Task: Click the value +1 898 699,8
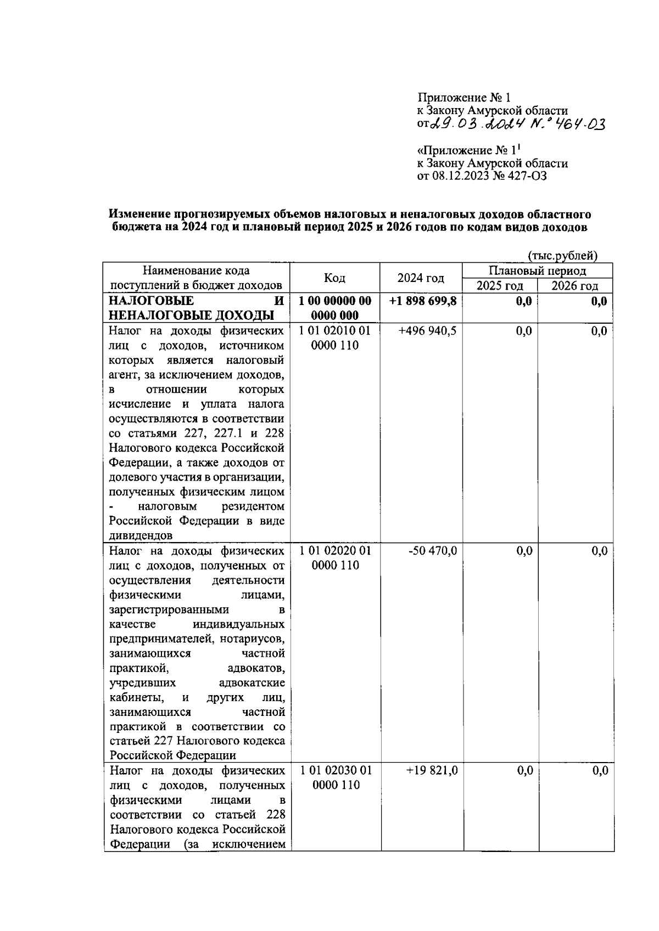click(422, 301)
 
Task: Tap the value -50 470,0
click(432, 551)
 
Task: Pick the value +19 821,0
click(431, 771)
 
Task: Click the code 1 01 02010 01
click(335, 331)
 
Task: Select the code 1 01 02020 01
click(335, 551)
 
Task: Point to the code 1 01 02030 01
click(336, 771)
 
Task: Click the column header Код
click(334, 278)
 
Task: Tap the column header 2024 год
click(421, 278)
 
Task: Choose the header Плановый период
click(537, 271)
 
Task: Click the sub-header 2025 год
click(499, 286)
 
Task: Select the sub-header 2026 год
click(574, 286)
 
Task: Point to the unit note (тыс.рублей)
click(562, 256)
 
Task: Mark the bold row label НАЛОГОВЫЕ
click(151, 301)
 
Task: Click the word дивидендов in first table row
click(141, 535)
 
